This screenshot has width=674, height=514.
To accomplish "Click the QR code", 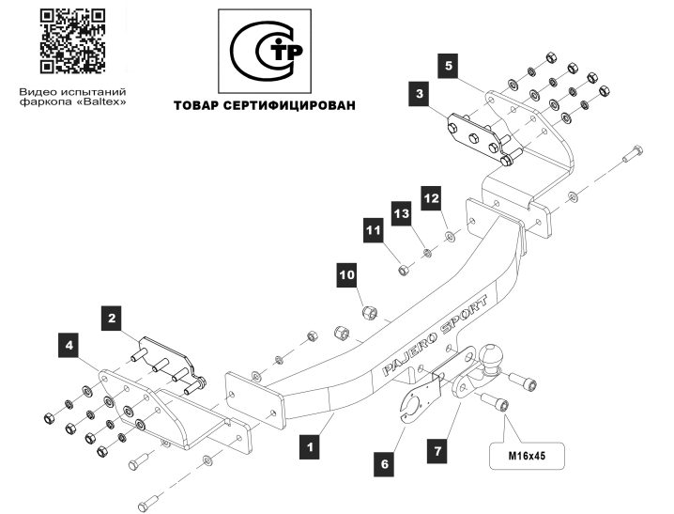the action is (x=72, y=41).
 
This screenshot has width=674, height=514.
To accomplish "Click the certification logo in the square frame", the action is (x=265, y=51).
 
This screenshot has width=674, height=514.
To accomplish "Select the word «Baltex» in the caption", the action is (x=102, y=101).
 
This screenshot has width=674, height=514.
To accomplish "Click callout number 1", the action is (x=310, y=446).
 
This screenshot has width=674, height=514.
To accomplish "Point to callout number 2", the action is (x=112, y=318).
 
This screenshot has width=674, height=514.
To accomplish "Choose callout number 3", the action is (x=420, y=93).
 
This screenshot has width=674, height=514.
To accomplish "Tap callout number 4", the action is (x=69, y=345).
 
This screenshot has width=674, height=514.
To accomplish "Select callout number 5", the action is (x=449, y=66).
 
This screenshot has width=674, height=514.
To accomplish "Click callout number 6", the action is (x=384, y=463).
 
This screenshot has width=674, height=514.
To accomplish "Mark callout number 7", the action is (x=437, y=451).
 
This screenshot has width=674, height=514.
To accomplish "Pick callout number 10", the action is (x=347, y=274).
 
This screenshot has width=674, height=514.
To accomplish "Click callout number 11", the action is (x=373, y=230).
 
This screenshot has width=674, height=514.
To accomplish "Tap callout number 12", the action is (x=431, y=198).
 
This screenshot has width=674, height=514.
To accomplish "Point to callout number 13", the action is (x=402, y=213).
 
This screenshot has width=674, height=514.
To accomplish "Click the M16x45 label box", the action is (x=527, y=456).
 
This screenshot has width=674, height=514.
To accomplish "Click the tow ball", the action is (x=491, y=356).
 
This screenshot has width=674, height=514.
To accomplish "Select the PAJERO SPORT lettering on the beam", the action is (x=435, y=335).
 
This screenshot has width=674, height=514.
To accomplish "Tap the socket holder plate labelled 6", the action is (x=419, y=400).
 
